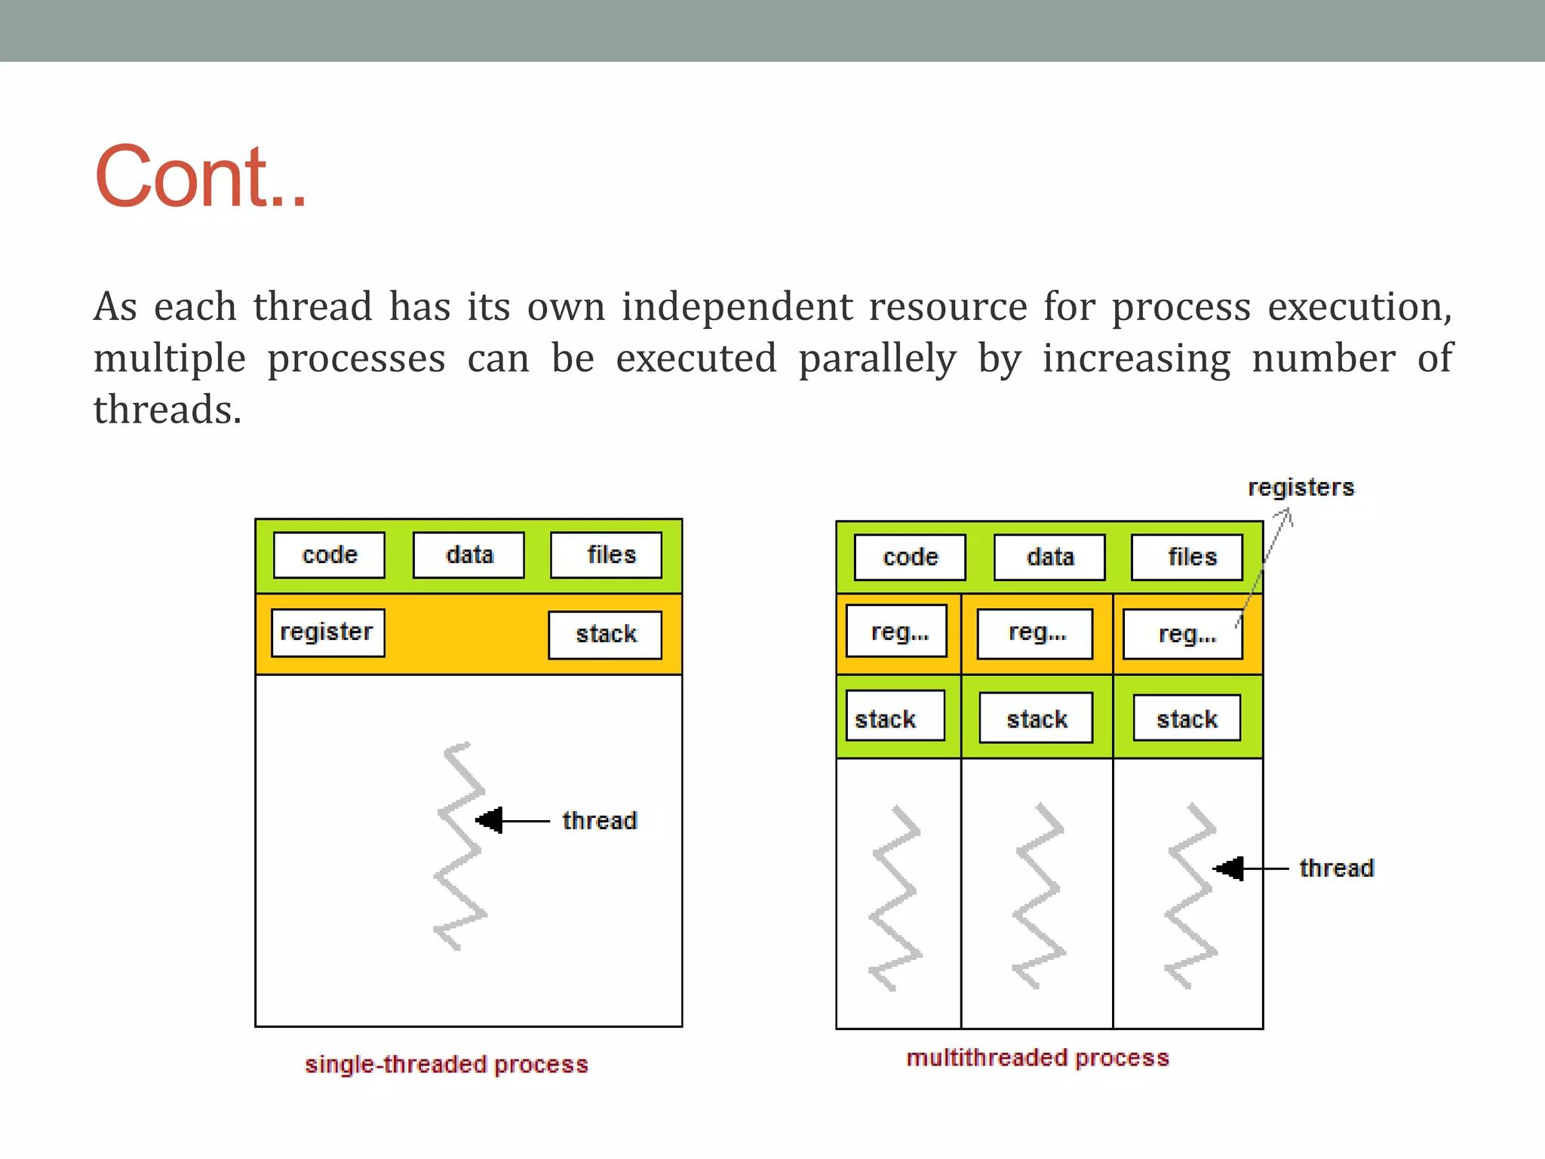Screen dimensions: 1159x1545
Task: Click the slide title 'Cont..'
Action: (x=201, y=177)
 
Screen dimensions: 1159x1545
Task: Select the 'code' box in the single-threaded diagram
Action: (x=329, y=555)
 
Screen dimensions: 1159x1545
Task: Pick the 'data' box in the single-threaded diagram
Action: (x=468, y=555)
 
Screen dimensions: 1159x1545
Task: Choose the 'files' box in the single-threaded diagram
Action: (x=607, y=555)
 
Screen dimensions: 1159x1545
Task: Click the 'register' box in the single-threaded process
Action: (x=327, y=632)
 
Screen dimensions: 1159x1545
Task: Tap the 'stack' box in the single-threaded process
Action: (x=605, y=635)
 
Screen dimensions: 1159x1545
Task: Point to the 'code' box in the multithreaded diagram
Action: (x=910, y=558)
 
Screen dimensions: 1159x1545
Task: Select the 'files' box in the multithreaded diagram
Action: (x=1187, y=558)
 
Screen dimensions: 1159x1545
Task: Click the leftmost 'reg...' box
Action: (x=897, y=632)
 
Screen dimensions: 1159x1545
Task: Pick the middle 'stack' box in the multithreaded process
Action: (x=1036, y=718)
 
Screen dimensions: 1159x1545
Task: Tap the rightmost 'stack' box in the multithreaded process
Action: (x=1187, y=718)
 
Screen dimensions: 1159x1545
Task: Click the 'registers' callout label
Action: (x=1301, y=487)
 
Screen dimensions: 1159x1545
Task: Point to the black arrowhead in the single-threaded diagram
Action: (x=490, y=820)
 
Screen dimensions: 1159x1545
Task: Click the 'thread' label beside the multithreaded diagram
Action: (x=1336, y=868)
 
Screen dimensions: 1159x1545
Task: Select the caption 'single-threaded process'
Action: (x=446, y=1064)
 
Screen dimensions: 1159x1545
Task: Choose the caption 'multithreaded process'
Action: (x=1037, y=1058)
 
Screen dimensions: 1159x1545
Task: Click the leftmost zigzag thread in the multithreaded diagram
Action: (x=895, y=898)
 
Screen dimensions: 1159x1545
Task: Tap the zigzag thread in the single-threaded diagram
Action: (x=460, y=845)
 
